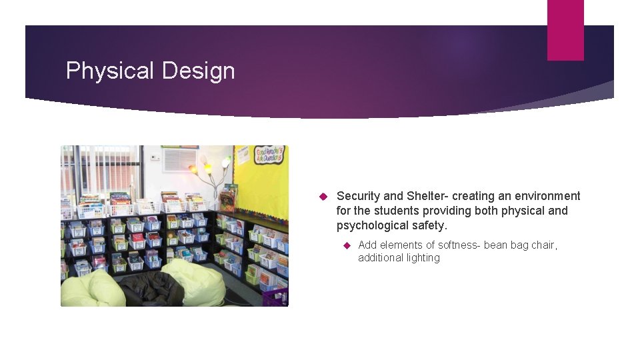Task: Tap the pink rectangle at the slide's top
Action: point(565,30)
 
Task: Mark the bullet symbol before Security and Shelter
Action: point(321,197)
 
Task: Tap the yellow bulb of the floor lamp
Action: point(194,169)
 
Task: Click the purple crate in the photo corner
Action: point(275,297)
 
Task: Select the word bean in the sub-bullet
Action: point(495,245)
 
